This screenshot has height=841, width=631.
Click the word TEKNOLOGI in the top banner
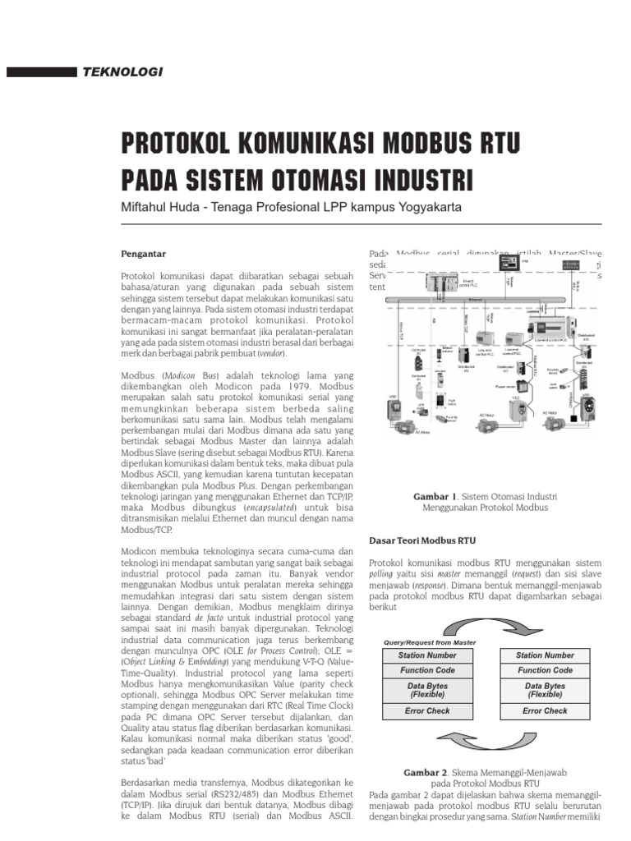point(123,72)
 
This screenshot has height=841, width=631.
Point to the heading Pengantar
point(143,254)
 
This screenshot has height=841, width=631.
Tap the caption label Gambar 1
point(438,497)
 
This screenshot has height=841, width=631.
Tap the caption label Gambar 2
point(425,773)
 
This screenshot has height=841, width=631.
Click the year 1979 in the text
point(299,384)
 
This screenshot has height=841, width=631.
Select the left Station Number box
point(427,655)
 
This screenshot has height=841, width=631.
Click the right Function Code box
point(545,670)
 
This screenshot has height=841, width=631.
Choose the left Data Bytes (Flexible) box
point(427,690)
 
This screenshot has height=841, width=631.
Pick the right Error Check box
point(545,710)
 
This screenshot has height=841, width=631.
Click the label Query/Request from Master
point(430,642)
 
